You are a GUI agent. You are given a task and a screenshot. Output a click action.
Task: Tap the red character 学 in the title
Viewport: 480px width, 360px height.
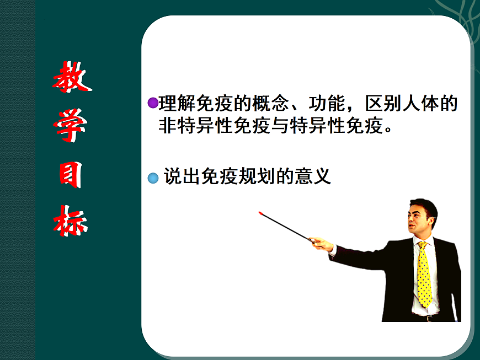coord(71,127)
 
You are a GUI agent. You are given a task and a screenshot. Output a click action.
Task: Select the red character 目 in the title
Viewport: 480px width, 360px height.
coord(71,176)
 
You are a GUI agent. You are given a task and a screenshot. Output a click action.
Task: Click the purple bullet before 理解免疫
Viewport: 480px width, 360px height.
coord(153,103)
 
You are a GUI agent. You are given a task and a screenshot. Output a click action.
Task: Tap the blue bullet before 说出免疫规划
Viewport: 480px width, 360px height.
coord(153,178)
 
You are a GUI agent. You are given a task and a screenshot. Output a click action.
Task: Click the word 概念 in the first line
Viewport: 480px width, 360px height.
coord(271,103)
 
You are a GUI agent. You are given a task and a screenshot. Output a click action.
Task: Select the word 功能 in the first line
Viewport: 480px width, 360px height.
coord(327,103)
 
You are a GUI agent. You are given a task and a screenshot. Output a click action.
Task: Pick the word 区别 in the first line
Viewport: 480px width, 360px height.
coord(383,103)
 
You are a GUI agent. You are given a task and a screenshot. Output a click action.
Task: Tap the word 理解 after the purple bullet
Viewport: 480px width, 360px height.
coord(177,103)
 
